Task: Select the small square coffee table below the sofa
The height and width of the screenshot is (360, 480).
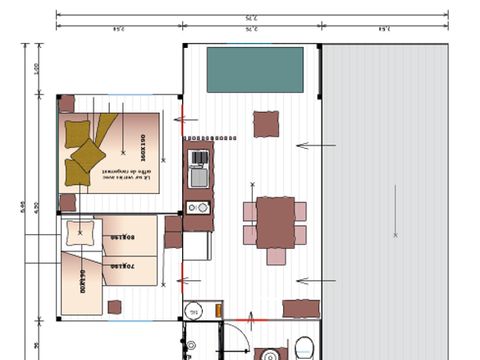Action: point(266,124)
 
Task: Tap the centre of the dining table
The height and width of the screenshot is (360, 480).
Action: point(275,222)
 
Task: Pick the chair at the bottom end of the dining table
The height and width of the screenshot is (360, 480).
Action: point(275,257)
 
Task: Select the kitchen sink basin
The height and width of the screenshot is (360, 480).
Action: point(198,178)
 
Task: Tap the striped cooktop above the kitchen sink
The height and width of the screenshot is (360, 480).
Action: point(198,157)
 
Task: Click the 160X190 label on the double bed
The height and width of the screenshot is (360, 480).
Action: point(143,149)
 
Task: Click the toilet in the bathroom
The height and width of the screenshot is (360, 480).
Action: point(304,349)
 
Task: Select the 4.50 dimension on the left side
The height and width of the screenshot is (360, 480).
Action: point(37,206)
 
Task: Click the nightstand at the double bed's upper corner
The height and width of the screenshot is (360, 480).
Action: point(67,103)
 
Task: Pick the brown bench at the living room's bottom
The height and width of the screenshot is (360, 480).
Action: point(299,308)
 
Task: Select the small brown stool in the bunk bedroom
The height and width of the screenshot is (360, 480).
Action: point(114,306)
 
